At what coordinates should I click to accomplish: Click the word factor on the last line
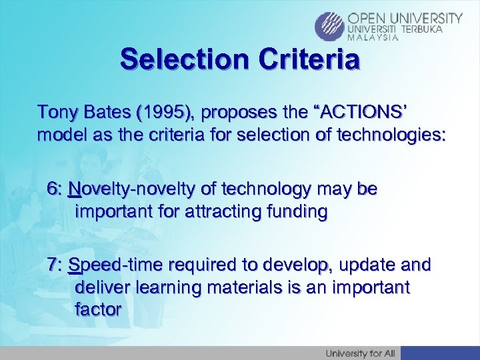pyautogui.click(x=98, y=310)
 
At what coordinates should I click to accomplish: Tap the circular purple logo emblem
pyautogui.click(x=330, y=25)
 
